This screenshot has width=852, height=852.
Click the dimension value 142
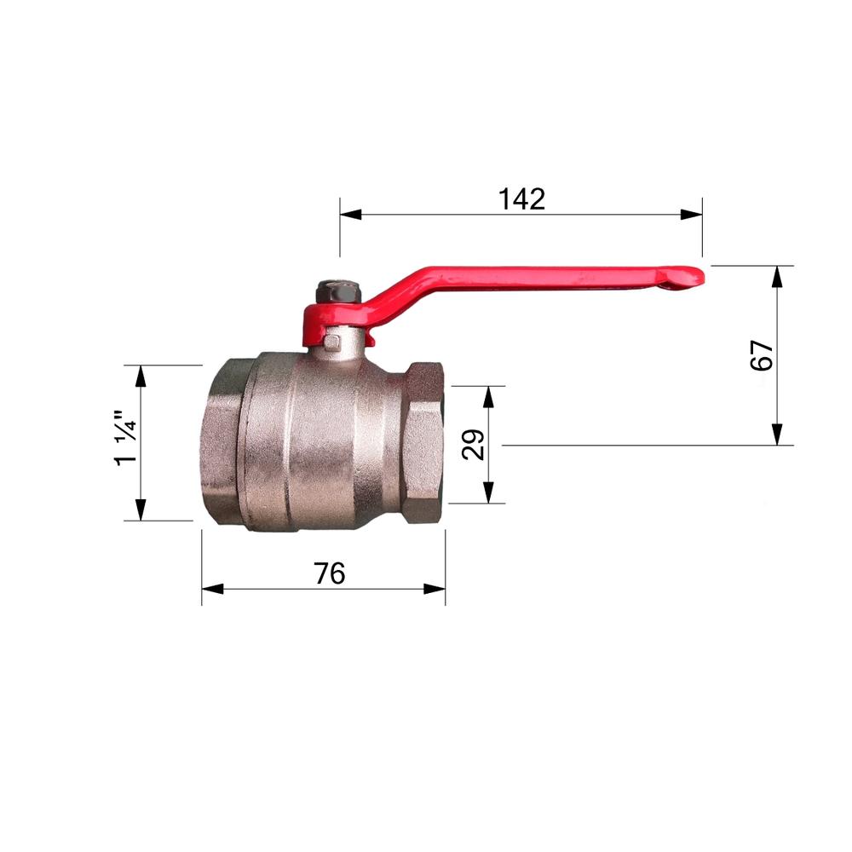[x=521, y=199]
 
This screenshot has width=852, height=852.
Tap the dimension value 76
[x=329, y=573]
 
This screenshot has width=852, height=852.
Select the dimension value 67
[x=761, y=355]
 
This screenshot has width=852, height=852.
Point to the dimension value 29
[x=473, y=445]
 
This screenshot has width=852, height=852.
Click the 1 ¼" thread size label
[x=126, y=437]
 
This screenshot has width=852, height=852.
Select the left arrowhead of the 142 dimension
[x=350, y=214]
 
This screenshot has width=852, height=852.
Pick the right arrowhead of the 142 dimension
[x=691, y=214]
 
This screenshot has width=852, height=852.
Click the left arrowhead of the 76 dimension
[x=212, y=589]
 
